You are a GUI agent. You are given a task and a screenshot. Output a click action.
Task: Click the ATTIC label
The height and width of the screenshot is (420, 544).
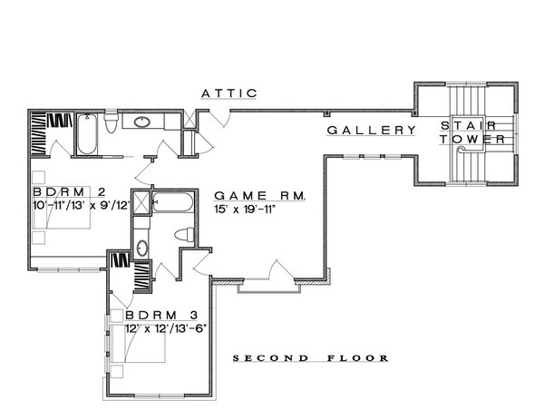(x=229, y=93)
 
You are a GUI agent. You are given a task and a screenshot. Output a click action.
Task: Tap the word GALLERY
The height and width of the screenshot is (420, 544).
(x=372, y=130)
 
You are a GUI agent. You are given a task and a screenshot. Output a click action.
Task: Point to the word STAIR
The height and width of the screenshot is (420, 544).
(x=469, y=125)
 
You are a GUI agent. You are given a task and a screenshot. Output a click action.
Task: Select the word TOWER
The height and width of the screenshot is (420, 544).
(x=472, y=139)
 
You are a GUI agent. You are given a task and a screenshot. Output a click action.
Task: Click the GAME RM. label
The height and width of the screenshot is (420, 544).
(x=260, y=196)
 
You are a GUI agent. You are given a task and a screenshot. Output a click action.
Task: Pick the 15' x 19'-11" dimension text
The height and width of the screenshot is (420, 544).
(x=245, y=210)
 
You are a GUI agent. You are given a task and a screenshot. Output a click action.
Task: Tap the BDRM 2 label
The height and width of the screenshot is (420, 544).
(x=69, y=191)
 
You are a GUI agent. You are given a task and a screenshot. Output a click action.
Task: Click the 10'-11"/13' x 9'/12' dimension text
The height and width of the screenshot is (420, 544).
(x=82, y=205)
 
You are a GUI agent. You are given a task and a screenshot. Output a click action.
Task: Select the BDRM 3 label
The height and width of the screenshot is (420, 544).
(x=161, y=315)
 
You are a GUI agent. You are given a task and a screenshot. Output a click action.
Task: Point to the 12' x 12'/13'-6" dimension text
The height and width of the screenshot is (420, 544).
(x=166, y=328)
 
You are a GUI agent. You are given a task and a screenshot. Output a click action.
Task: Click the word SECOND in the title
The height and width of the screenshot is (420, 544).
(x=270, y=358)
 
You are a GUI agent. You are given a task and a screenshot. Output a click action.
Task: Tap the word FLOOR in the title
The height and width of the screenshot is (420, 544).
(x=358, y=358)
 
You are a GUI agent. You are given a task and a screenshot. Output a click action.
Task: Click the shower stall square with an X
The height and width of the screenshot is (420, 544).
(x=141, y=201)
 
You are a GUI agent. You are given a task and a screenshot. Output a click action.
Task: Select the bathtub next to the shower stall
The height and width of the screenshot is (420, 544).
(x=172, y=202)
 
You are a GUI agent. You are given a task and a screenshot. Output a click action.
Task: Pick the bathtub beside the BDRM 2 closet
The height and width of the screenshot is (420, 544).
(x=87, y=133)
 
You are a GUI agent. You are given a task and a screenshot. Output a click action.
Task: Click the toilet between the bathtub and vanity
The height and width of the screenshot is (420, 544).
(x=112, y=122)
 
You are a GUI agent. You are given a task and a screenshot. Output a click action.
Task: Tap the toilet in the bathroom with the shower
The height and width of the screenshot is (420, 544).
(x=184, y=234)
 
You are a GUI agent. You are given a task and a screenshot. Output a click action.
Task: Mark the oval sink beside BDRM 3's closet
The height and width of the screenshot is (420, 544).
(x=142, y=248)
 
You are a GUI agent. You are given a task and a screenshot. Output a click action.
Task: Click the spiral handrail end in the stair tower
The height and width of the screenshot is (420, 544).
(x=461, y=150)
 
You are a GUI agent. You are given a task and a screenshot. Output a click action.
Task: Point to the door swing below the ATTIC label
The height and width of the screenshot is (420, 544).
(x=219, y=119)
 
